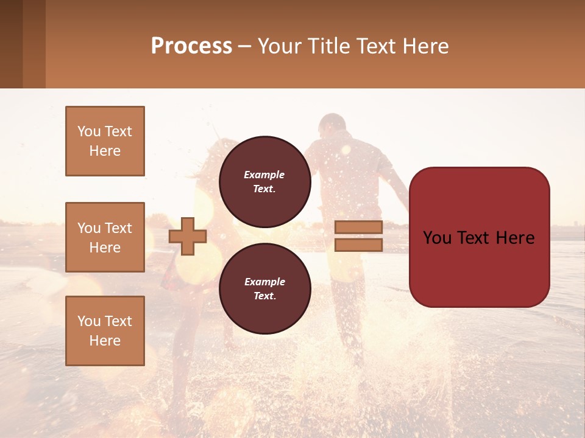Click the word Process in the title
coord(191,46)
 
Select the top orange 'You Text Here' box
coord(105,141)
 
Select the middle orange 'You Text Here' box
coord(105,237)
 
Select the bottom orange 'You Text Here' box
coord(105,331)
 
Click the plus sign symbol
coord(188,236)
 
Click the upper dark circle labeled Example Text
coord(264,181)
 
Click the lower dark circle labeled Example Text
coord(264,288)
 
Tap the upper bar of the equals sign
coord(358,227)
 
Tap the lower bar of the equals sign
coord(358,245)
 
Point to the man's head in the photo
coord(332,127)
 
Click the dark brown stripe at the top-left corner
coord(11,44)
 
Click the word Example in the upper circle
coord(264,175)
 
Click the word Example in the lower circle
coord(264,282)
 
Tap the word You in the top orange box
coord(89,131)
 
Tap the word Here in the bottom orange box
coord(105,341)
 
